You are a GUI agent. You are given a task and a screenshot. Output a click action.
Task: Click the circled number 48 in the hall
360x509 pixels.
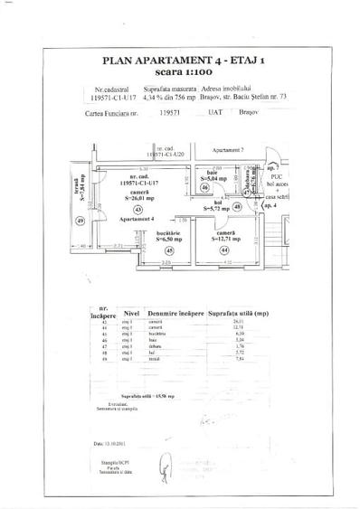[x=237, y=206]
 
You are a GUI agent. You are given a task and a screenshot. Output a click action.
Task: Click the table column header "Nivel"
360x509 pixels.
[x=132, y=316]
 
